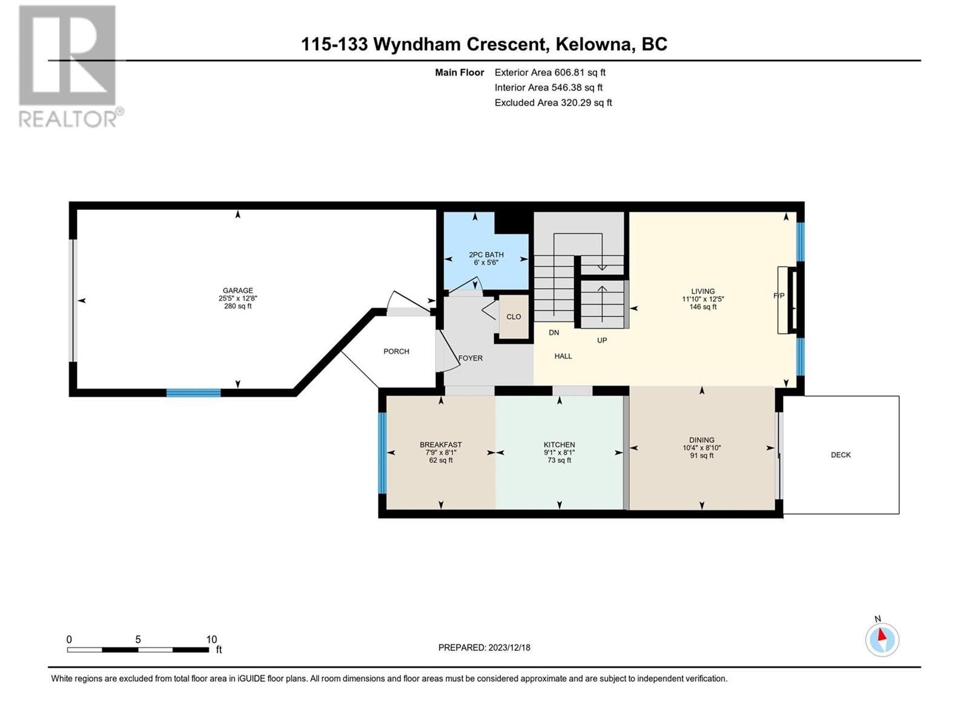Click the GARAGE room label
tap(237, 290)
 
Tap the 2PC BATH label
tap(486, 254)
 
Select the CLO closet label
tap(514, 316)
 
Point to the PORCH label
tap(396, 352)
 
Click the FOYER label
tap(470, 358)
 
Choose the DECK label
tap(841, 455)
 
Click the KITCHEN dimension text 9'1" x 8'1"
tap(560, 453)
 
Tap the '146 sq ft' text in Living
tap(703, 306)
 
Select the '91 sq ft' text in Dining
tap(701, 456)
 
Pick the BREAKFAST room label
tap(440, 445)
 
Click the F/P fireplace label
tap(779, 296)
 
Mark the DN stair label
tap(554, 332)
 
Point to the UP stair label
tap(602, 340)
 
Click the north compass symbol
tap(882, 639)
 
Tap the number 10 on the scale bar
tap(211, 639)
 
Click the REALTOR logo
tap(70, 66)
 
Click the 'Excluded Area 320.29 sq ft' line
tap(553, 103)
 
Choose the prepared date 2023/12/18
tap(509, 647)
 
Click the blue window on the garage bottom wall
tap(193, 393)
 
